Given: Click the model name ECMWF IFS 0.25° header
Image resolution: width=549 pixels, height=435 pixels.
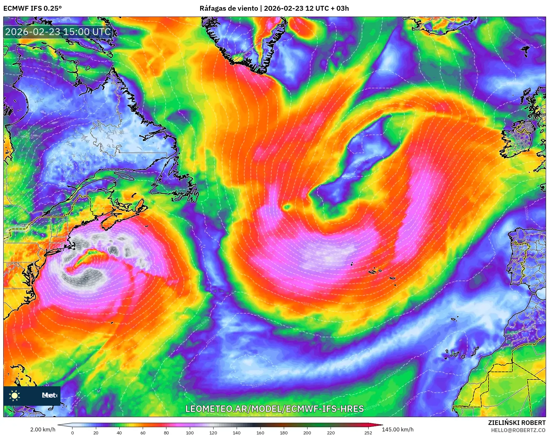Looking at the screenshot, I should tap(33, 8).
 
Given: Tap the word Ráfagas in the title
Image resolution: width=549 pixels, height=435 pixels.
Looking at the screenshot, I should tap(211, 8).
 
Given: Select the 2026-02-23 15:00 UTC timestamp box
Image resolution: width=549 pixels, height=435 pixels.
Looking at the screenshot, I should tap(58, 32).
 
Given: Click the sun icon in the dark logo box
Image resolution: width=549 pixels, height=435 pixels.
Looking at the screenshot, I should tap(15, 395).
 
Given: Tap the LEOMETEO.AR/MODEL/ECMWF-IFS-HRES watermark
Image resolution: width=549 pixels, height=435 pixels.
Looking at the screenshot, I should tap(274, 409).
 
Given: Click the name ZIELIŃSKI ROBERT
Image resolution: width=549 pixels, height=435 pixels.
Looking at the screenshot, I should tap(516, 423).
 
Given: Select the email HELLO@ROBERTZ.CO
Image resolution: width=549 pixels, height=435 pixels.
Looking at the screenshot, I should tap(518, 430).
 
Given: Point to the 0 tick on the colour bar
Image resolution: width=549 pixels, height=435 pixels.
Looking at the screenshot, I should tap(72, 432).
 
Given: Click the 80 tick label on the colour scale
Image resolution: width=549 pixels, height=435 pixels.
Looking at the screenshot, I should tap(166, 432).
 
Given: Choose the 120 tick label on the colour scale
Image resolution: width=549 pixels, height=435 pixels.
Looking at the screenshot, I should tap(213, 432).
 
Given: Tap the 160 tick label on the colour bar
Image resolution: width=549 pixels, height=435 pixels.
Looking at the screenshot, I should tap(260, 432).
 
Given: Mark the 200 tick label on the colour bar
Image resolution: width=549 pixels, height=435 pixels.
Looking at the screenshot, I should tap(307, 432).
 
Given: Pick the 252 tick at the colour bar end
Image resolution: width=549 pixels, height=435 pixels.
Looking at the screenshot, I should tap(368, 432).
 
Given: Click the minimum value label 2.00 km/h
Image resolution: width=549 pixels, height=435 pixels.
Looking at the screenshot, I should tap(43, 429).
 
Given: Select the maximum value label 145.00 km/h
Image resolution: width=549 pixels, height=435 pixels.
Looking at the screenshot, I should tap(398, 429).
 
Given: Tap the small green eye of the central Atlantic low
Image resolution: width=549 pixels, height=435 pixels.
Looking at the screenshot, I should tap(287, 207).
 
